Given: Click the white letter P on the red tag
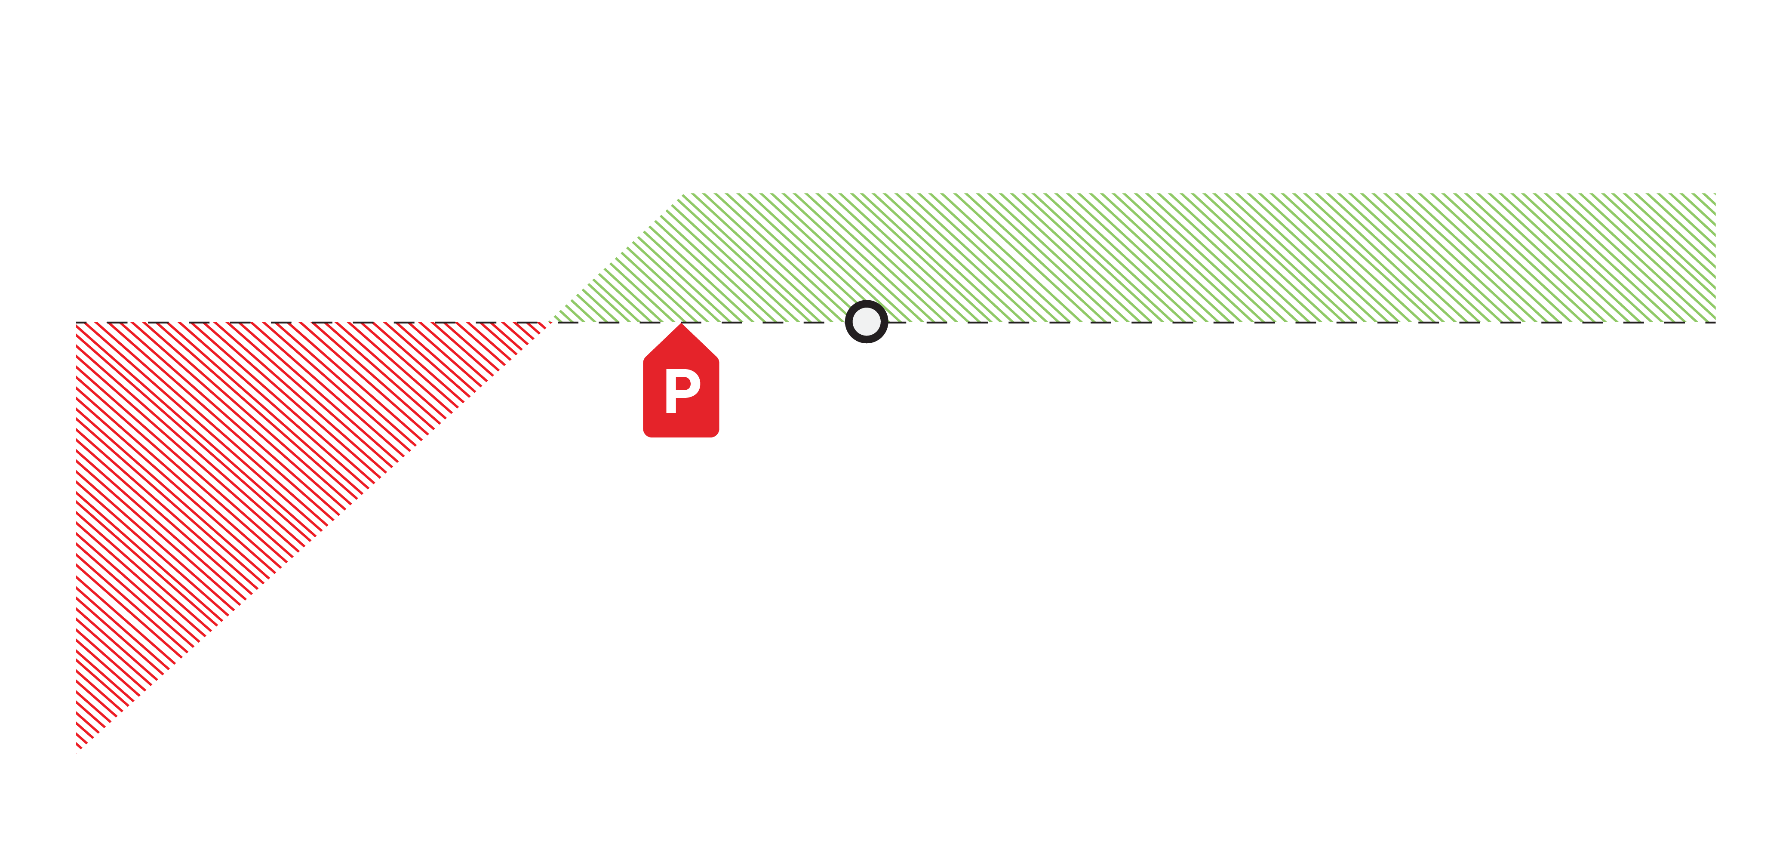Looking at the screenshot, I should coord(681,391).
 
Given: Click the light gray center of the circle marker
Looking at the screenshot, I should coord(866,321).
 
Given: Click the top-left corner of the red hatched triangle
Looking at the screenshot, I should coord(78,323).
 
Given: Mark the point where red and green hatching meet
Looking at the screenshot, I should coord(551,322).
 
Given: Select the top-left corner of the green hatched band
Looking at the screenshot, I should coord(683,194).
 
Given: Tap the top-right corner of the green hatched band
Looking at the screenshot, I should coord(1715,194).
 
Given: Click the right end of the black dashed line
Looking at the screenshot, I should coord(1714,322).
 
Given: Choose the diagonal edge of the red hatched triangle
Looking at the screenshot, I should coord(313,536).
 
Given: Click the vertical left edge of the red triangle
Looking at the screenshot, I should coord(77,536).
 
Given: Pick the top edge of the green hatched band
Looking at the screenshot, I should coord(1183,194).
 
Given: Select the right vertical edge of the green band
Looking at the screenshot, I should coord(1715,258).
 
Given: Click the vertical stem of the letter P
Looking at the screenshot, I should coord(670,391).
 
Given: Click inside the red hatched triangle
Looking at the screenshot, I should coord(209,453).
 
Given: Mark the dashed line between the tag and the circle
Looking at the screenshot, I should coord(772,322).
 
